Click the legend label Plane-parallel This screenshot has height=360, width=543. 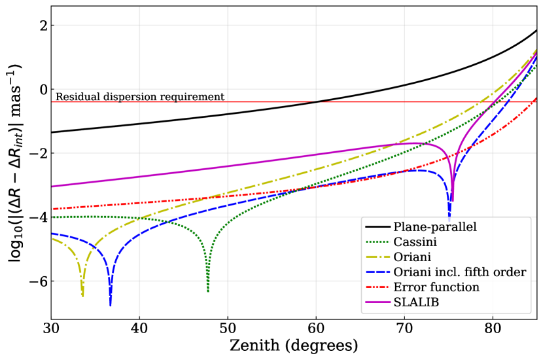(434, 227)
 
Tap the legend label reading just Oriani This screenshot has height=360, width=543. (412, 257)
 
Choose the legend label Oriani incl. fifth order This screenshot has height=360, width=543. (459, 272)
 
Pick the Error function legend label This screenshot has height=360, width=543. (436, 287)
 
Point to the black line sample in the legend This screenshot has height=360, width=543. (377, 227)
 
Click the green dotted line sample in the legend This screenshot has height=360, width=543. (377, 242)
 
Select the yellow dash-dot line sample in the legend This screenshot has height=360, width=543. (377, 257)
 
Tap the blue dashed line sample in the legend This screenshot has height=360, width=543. (377, 272)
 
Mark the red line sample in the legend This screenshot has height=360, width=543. (377, 287)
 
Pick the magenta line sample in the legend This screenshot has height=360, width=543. (377, 302)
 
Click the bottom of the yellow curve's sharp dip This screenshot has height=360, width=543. (82, 295)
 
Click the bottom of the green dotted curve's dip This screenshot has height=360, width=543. (208, 290)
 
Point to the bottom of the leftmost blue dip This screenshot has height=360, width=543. (111, 304)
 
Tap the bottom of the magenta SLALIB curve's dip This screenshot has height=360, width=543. (452, 200)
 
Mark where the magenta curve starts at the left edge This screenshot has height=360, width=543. (53, 187)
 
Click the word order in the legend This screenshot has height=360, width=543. (511, 272)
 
